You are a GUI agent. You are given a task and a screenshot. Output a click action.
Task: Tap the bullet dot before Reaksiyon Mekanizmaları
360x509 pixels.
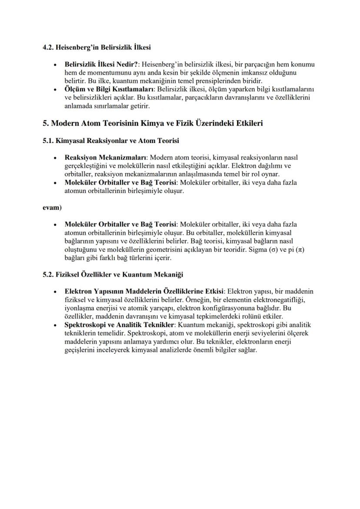tap(54, 157)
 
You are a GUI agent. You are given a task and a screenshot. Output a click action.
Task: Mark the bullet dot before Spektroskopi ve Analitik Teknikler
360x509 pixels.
tap(54, 325)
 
